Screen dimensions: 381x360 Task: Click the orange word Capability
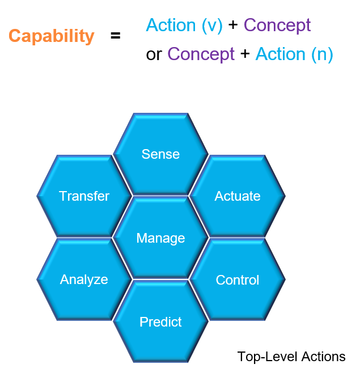(51, 36)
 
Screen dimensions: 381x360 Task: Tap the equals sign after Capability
(116, 36)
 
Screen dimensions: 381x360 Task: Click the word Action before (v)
(170, 25)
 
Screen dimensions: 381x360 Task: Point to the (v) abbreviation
(210, 26)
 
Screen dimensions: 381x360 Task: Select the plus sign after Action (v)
(232, 26)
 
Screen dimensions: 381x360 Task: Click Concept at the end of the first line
(277, 26)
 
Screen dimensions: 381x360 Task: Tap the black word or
(154, 54)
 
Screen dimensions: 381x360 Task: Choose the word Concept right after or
(201, 54)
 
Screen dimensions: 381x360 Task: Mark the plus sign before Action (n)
(245, 54)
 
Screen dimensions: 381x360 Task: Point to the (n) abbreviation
(321, 54)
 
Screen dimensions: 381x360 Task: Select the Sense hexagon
(160, 154)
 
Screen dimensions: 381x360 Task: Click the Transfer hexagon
(84, 196)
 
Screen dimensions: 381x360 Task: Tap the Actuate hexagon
(238, 196)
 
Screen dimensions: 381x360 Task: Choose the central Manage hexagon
(160, 238)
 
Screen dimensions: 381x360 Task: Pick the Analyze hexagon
(84, 280)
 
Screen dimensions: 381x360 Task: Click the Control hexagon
(238, 280)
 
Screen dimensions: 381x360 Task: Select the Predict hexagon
(160, 322)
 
